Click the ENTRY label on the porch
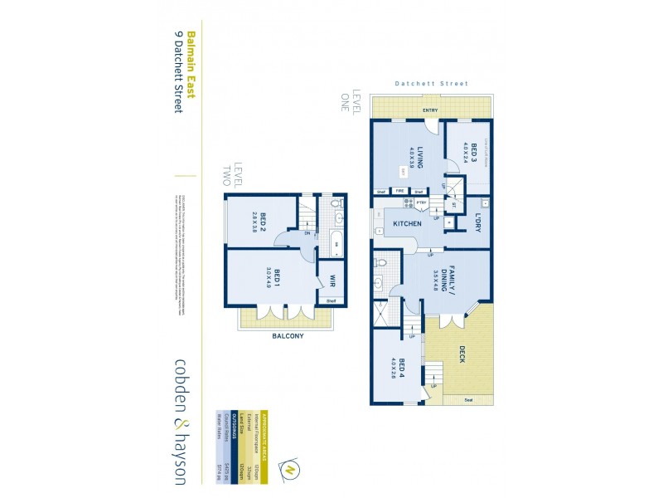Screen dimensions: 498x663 [430, 110]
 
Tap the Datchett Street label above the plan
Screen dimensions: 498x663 [431, 84]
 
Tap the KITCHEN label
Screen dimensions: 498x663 [407, 224]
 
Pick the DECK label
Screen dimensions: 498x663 [462, 354]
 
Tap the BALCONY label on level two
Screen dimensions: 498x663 [288, 336]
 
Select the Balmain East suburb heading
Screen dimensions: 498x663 [190, 66]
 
